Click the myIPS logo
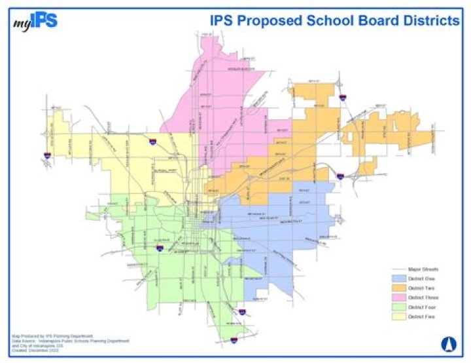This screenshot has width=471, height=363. (35, 21)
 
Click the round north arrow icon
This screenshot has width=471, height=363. (449, 343)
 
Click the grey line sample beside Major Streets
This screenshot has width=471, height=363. (394, 269)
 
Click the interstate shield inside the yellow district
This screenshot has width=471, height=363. (152, 141)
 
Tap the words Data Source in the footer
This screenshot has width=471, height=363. (23, 341)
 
